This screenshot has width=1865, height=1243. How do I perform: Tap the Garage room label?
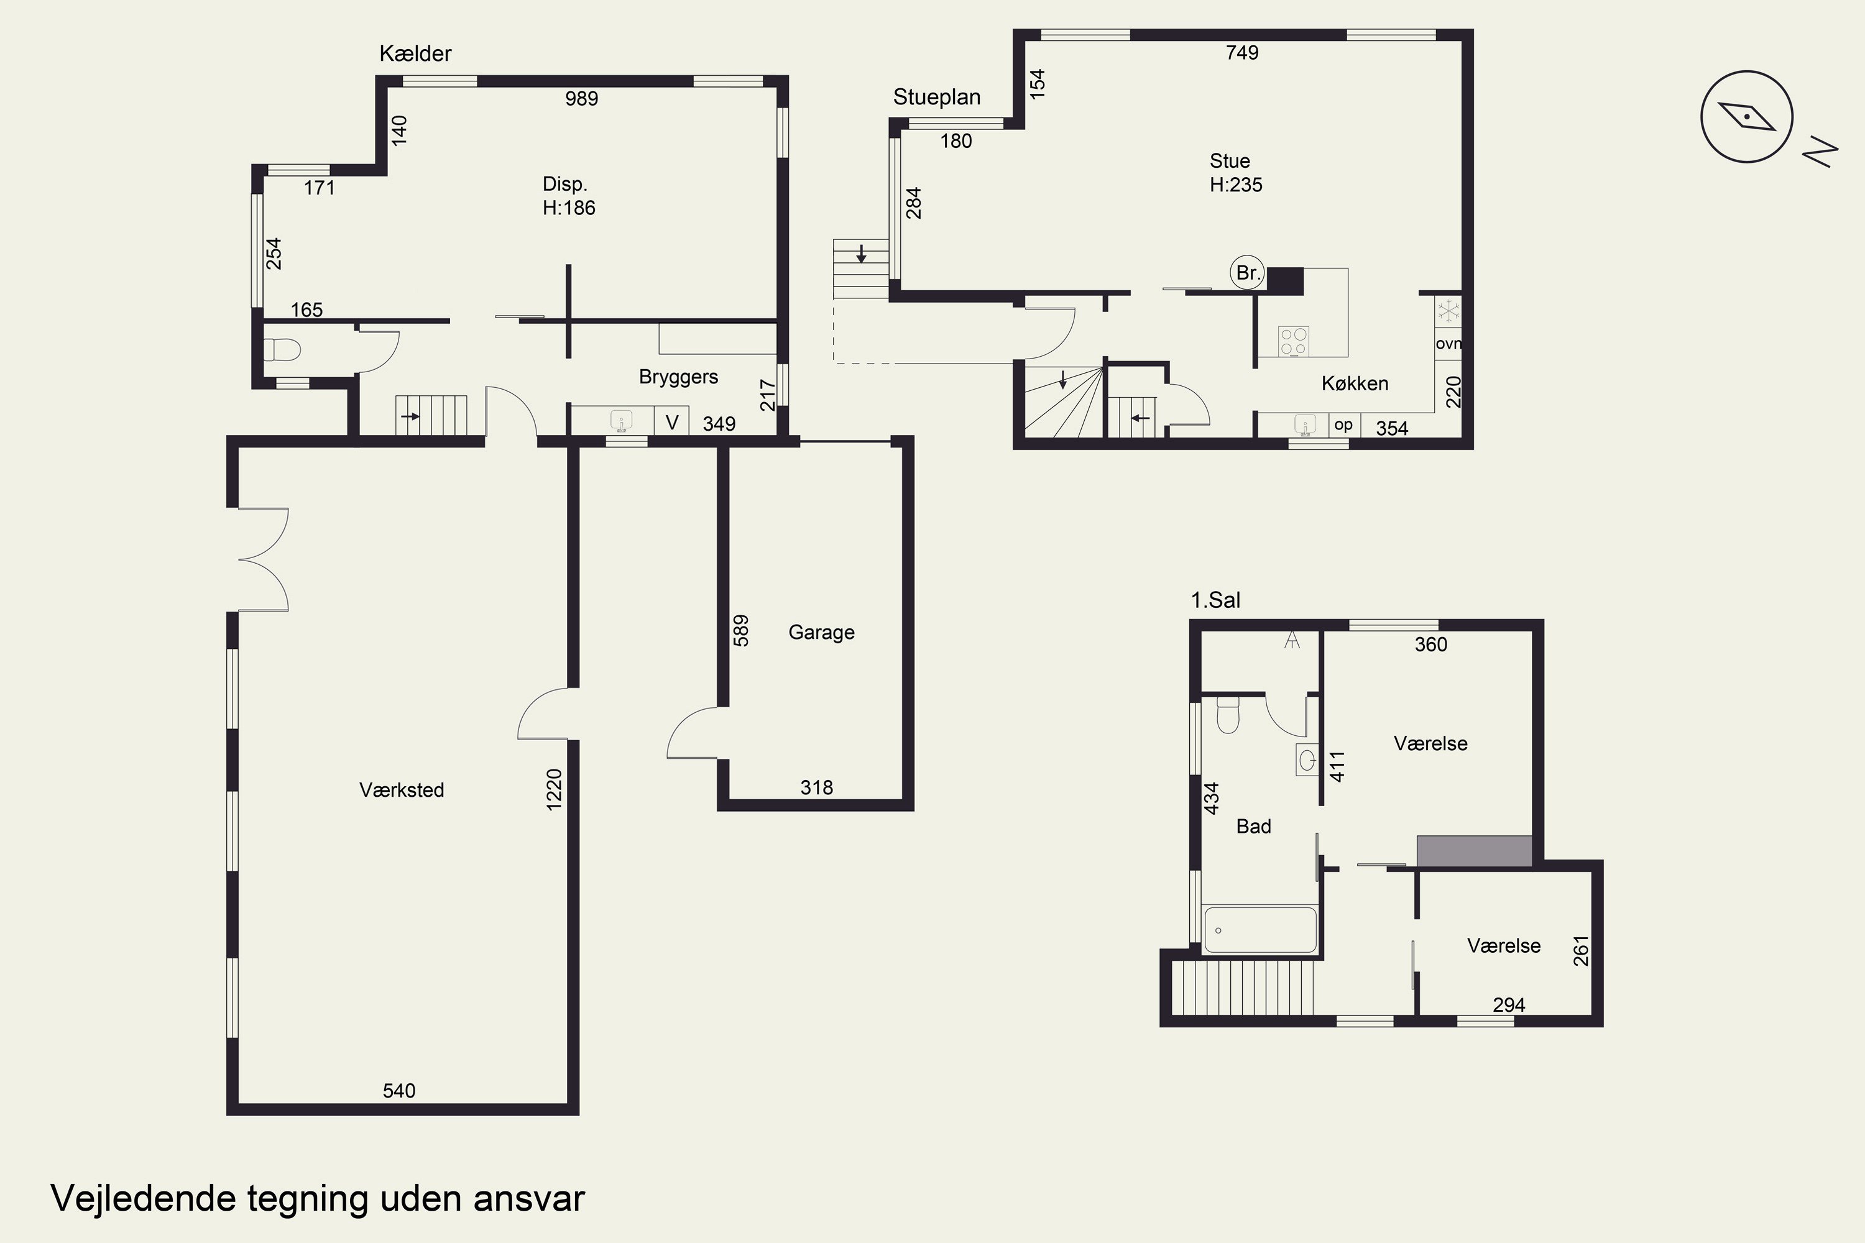(x=821, y=633)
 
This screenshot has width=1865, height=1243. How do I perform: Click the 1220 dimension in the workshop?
(x=555, y=789)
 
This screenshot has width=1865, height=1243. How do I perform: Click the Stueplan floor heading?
(x=936, y=97)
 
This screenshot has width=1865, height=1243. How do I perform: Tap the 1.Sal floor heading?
(x=1215, y=600)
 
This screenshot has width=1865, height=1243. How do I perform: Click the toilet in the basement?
(x=282, y=349)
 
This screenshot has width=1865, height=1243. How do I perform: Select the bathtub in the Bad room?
(x=1260, y=929)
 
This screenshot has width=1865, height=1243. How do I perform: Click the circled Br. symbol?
(x=1247, y=273)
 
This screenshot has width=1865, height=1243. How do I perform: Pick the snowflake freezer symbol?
(x=1448, y=311)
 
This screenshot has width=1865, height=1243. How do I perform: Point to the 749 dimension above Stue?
(x=1241, y=52)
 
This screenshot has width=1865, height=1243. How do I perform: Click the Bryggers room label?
(x=679, y=377)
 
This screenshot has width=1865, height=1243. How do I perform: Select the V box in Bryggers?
(x=671, y=422)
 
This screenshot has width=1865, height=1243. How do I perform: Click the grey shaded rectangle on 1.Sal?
(x=1474, y=851)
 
